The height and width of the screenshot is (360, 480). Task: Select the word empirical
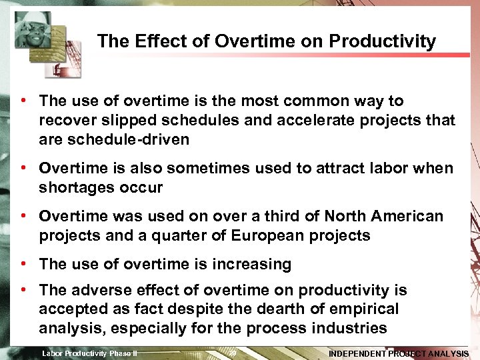(367, 309)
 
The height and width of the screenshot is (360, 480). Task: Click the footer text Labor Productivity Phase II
(89, 353)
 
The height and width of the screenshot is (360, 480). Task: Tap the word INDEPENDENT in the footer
(357, 353)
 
